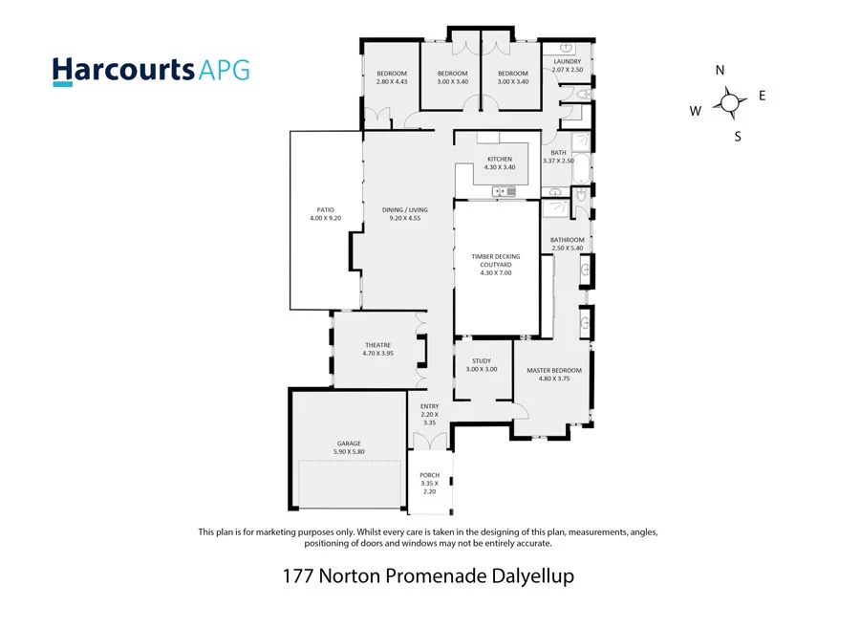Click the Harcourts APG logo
click(151, 71)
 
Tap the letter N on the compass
click(720, 71)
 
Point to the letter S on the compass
click(738, 136)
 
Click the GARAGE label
click(349, 444)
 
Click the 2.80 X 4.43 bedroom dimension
click(392, 82)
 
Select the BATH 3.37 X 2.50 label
click(558, 157)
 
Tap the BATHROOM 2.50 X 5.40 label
click(568, 245)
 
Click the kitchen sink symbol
click(504, 192)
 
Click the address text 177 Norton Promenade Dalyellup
click(428, 576)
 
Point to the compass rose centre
click(730, 103)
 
